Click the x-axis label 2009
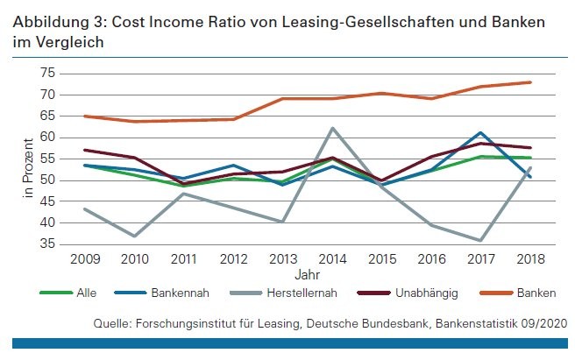click(x=84, y=259)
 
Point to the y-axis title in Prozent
click(x=27, y=159)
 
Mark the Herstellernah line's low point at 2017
click(x=480, y=240)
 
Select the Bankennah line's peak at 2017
click(x=480, y=132)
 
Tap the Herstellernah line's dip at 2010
click(x=133, y=236)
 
